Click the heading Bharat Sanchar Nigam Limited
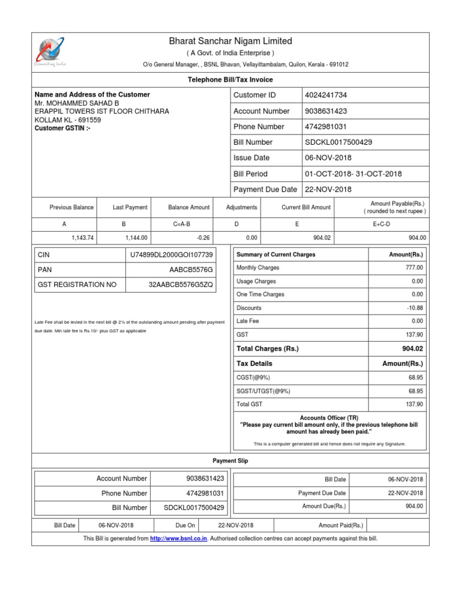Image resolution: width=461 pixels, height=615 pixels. click(x=230, y=41)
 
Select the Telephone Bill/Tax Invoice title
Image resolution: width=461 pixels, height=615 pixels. click(x=230, y=79)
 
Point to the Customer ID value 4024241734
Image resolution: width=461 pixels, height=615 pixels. click(x=326, y=95)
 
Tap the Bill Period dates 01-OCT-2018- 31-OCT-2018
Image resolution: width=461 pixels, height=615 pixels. click(x=353, y=174)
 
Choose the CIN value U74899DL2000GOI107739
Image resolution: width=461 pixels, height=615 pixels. click(x=171, y=255)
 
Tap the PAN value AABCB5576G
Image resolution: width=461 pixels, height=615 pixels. click(x=191, y=270)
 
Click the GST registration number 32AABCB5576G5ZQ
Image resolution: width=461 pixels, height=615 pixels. click(x=181, y=284)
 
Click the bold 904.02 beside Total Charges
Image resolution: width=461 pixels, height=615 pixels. click(x=412, y=349)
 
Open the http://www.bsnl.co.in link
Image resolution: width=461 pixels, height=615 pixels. click(x=179, y=539)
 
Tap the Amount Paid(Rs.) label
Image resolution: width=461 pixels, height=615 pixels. click(x=341, y=525)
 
